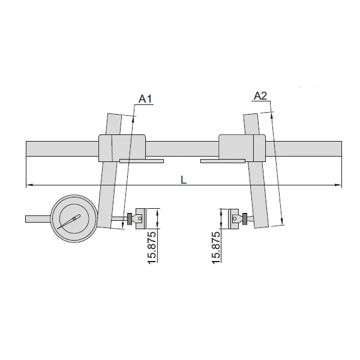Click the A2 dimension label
pos(260,95)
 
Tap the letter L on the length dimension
pos(184,179)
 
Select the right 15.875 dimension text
pos(217,246)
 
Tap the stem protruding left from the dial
pos(38,218)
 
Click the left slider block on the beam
pos(122,148)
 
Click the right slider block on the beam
pos(242,148)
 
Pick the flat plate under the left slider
pos(141,161)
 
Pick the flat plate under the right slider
pos(223,161)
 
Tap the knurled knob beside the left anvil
pos(130,218)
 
